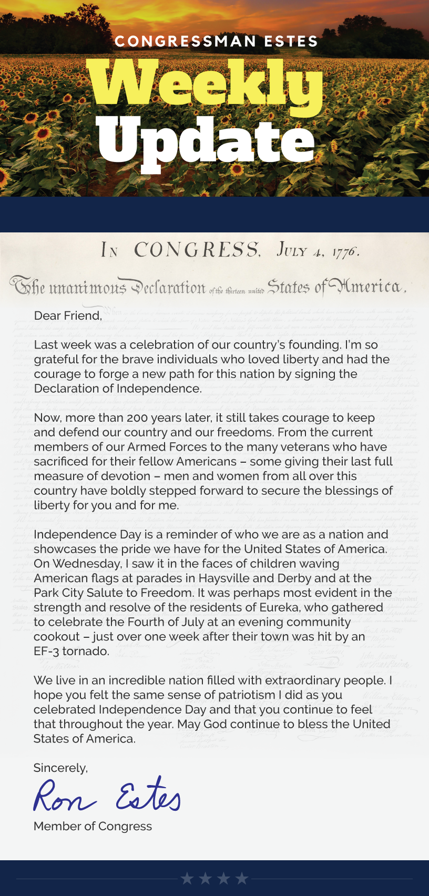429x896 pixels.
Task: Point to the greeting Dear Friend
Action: pos(68,315)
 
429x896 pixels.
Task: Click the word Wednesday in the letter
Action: pos(87,563)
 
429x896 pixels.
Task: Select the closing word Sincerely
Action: pos(60,768)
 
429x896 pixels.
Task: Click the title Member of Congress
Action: pos(93,826)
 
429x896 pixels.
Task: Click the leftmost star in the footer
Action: pos(187,878)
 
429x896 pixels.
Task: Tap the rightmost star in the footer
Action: pos(242,878)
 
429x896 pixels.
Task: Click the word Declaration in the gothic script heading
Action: pos(168,287)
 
